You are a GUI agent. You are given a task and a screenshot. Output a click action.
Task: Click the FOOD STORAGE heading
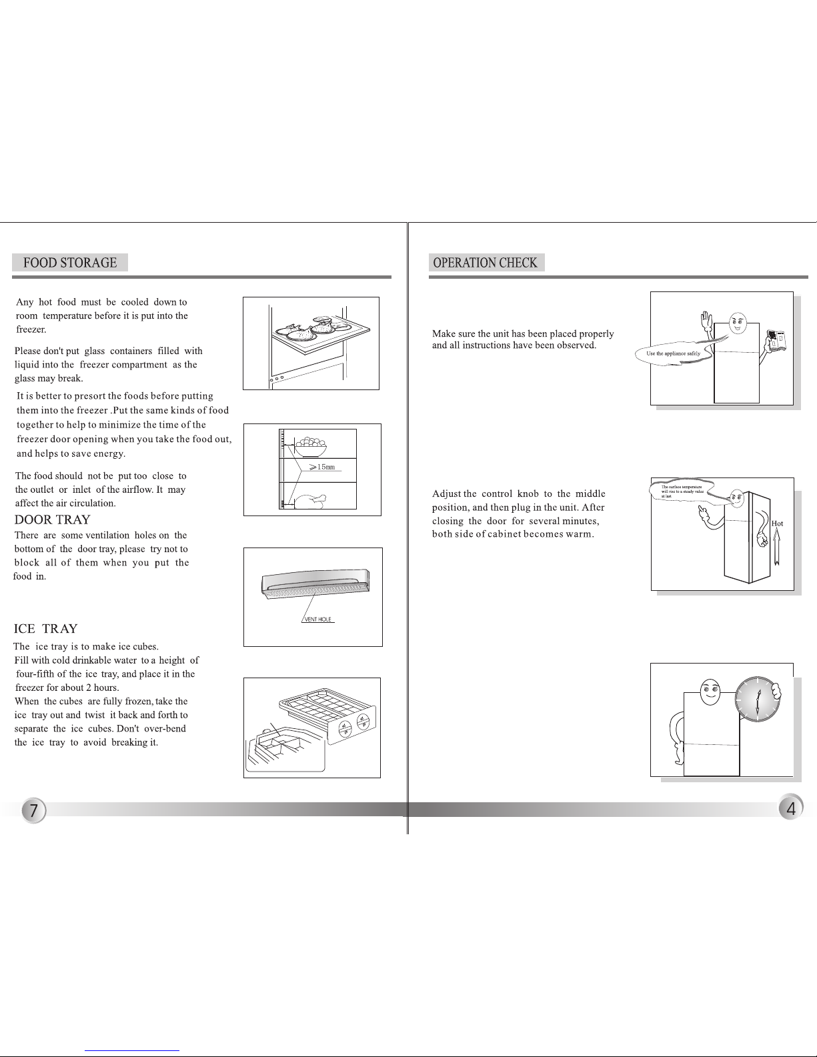(x=70, y=263)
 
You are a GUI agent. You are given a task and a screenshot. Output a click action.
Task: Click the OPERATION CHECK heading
(x=485, y=263)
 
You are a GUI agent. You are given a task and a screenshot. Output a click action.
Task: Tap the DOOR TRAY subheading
(x=53, y=519)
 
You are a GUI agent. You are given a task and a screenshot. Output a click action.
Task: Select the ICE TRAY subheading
(x=46, y=629)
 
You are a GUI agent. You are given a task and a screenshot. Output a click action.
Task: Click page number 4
(x=791, y=809)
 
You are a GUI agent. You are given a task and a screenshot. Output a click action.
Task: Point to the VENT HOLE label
(x=318, y=620)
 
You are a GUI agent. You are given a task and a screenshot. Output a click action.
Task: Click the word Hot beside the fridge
(x=777, y=523)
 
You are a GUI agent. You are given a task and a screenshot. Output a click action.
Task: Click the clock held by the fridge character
(x=757, y=700)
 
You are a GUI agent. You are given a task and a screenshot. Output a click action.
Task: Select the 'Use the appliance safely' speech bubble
(x=673, y=353)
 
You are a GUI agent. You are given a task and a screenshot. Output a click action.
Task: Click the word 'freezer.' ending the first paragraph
(x=31, y=329)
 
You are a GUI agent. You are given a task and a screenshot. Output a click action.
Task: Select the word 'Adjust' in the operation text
(x=446, y=494)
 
